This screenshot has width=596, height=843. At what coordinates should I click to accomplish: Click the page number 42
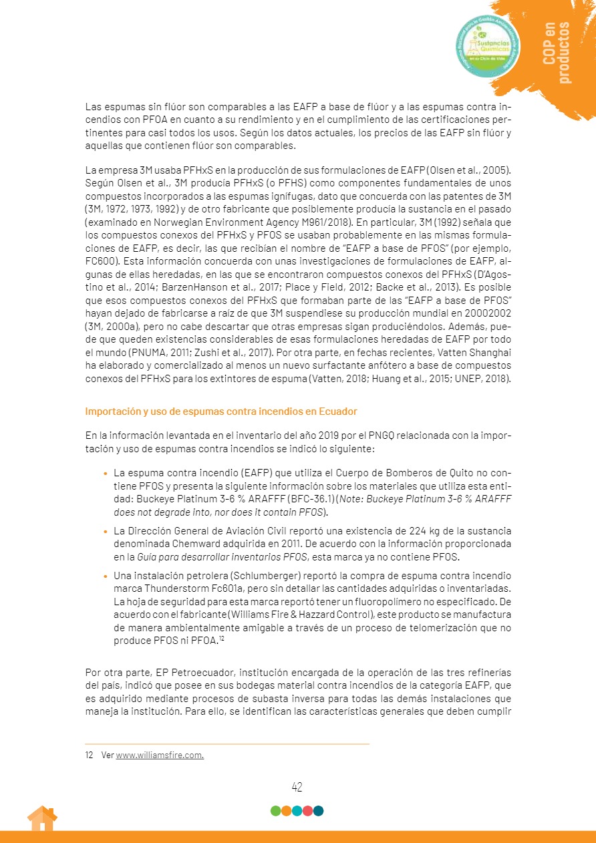click(x=297, y=787)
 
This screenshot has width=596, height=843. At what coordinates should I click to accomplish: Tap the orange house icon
click(x=41, y=818)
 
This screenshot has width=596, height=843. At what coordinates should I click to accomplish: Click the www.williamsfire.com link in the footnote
click(x=160, y=755)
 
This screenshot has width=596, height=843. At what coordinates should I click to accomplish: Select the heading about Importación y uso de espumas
click(x=221, y=411)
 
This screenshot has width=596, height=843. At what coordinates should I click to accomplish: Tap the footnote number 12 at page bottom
click(x=90, y=755)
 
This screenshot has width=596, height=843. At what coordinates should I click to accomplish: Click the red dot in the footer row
click(x=307, y=811)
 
